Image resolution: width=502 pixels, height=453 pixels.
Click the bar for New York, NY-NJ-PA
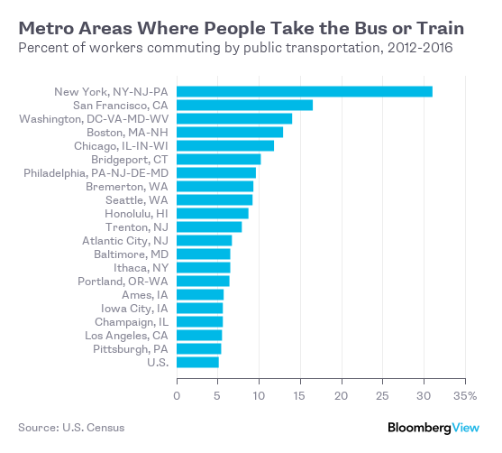tap(304, 91)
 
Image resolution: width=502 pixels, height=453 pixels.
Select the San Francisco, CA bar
tap(244, 105)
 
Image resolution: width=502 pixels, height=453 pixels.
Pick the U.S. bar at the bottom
tap(197, 362)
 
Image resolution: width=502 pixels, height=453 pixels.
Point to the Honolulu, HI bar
tap(212, 213)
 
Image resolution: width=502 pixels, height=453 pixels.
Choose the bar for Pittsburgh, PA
tap(198, 348)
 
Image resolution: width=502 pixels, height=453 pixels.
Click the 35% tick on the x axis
tap(465, 394)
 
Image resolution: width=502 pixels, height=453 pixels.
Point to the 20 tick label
tap(342, 394)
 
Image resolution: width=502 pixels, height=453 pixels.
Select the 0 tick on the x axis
tap(177, 394)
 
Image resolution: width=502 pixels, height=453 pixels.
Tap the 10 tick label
tap(259, 394)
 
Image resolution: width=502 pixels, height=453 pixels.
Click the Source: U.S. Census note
tap(71, 427)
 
